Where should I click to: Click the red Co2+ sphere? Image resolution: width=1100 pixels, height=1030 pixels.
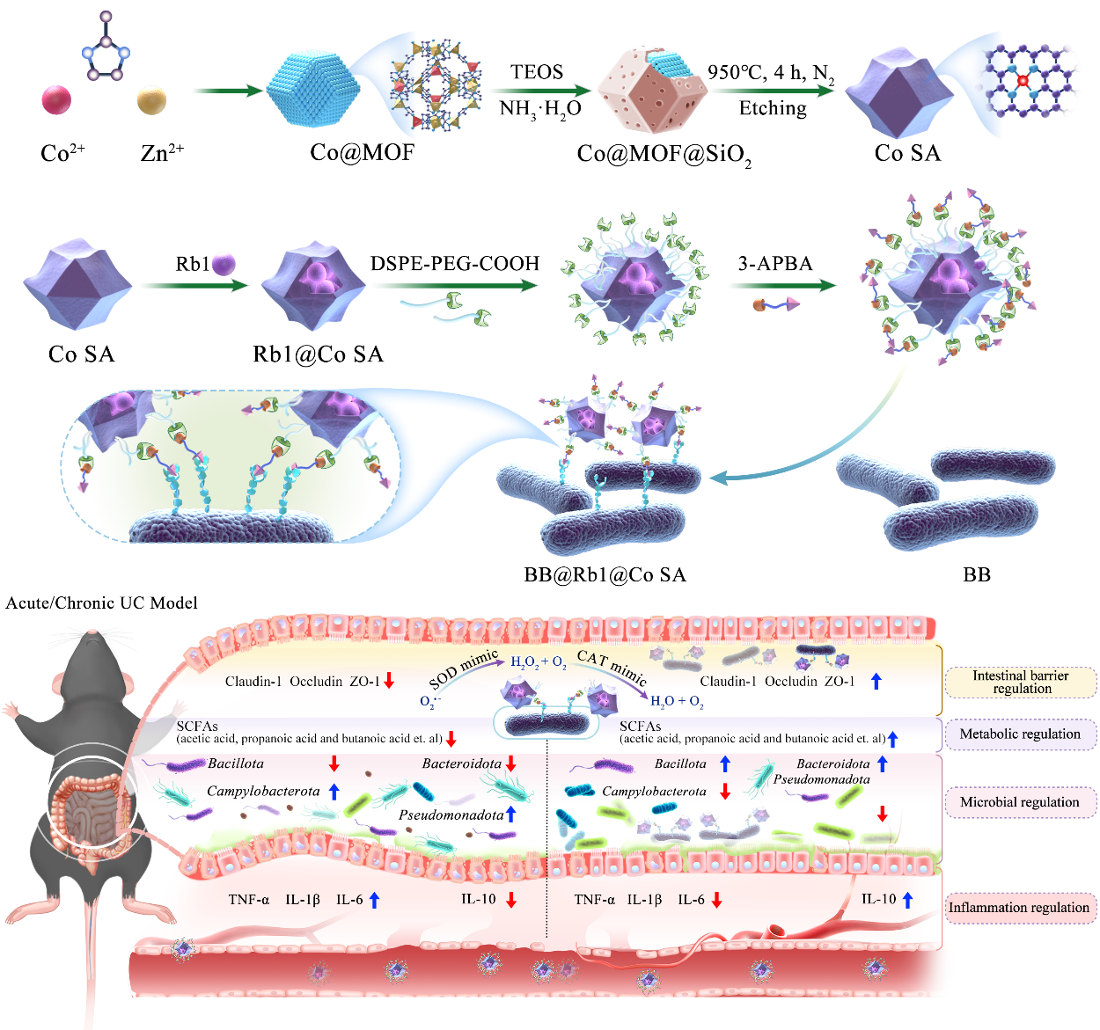pos(56,99)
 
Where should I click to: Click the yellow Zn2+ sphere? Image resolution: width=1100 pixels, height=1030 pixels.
pos(151,100)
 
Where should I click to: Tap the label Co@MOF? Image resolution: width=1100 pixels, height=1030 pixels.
pos(362,153)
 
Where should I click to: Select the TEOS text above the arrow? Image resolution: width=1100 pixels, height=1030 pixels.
pos(537,72)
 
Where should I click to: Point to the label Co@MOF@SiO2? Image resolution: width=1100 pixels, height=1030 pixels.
pos(664,155)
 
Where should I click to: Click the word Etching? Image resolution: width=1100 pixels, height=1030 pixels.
pos(773,108)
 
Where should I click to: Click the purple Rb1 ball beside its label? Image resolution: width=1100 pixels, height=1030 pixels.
pos(224,263)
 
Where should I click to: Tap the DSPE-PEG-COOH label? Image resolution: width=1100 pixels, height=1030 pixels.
pos(455,263)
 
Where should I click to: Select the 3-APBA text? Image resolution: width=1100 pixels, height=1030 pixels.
pos(774,263)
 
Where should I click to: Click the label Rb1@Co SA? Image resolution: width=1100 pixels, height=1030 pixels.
pos(318,354)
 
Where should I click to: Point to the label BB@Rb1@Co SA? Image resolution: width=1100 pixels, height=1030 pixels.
pos(605,575)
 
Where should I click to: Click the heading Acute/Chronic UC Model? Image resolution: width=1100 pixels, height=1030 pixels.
pos(101,603)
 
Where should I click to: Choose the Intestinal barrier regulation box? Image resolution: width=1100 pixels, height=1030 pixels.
pos(1021,683)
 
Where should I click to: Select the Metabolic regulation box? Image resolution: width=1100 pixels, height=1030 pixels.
pos(1020,734)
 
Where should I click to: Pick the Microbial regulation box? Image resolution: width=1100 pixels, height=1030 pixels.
pos(1020,802)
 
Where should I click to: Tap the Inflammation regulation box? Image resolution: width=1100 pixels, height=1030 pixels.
pos(1019,908)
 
